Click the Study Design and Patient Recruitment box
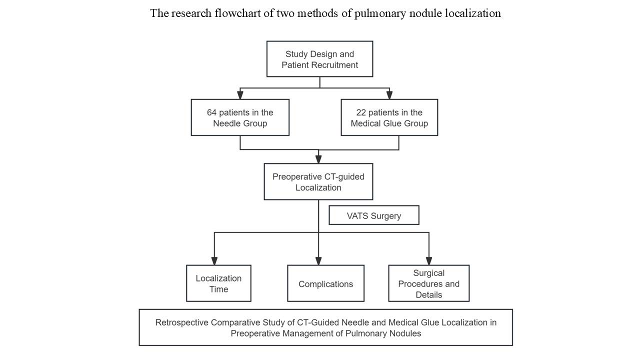[319, 59]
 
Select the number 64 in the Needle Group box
[211, 112]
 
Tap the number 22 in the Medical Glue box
[361, 112]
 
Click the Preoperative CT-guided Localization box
[318, 181]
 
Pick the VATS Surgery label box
[374, 215]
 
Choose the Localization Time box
[218, 283]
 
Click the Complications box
[325, 283]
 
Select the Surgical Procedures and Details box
[429, 283]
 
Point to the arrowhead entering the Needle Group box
[240, 95]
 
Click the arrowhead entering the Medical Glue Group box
[389, 95]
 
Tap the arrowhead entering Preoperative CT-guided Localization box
[318, 159]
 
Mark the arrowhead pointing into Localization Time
[214, 261]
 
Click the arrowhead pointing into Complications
[318, 261]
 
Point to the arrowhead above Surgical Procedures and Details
[429, 261]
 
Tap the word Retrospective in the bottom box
[181, 322]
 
